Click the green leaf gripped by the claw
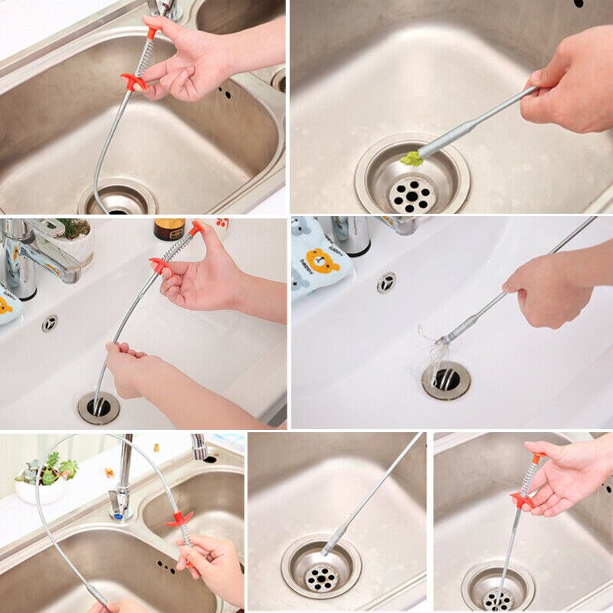click(412, 159)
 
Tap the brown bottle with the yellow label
click(169, 229)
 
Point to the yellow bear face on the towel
click(323, 258)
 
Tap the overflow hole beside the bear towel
click(386, 283)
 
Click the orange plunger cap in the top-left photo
click(153, 31)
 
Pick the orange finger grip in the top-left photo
click(133, 81)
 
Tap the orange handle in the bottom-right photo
click(524, 500)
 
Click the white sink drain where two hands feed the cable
click(98, 407)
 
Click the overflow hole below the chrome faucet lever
click(50, 323)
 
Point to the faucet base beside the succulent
click(119, 502)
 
